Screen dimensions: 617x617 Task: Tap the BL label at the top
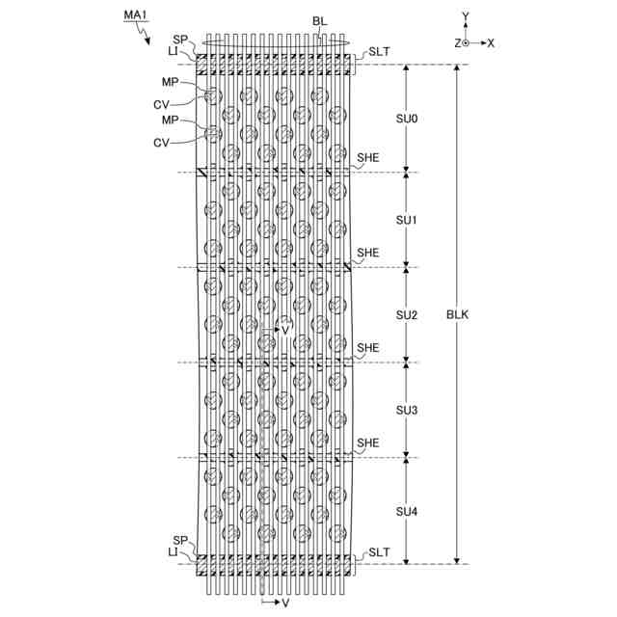pos(319,20)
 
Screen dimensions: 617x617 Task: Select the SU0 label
pos(407,119)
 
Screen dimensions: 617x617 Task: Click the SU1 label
pos(407,220)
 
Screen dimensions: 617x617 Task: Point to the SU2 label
pos(407,315)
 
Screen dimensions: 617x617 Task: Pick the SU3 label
pos(407,410)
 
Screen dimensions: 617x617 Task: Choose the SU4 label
pos(407,511)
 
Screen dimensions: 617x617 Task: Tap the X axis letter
pos(491,43)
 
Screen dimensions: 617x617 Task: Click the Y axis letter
pos(466,16)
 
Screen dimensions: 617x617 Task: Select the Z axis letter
pos(456,43)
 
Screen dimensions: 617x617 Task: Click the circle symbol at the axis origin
pos(466,43)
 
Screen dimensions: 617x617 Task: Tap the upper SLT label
pos(378,53)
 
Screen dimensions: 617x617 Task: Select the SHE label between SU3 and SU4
pos(367,443)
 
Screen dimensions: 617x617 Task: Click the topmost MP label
pos(171,82)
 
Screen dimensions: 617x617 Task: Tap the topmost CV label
pos(163,104)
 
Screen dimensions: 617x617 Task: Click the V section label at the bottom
pos(284,603)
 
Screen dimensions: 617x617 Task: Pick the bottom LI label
pos(173,552)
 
